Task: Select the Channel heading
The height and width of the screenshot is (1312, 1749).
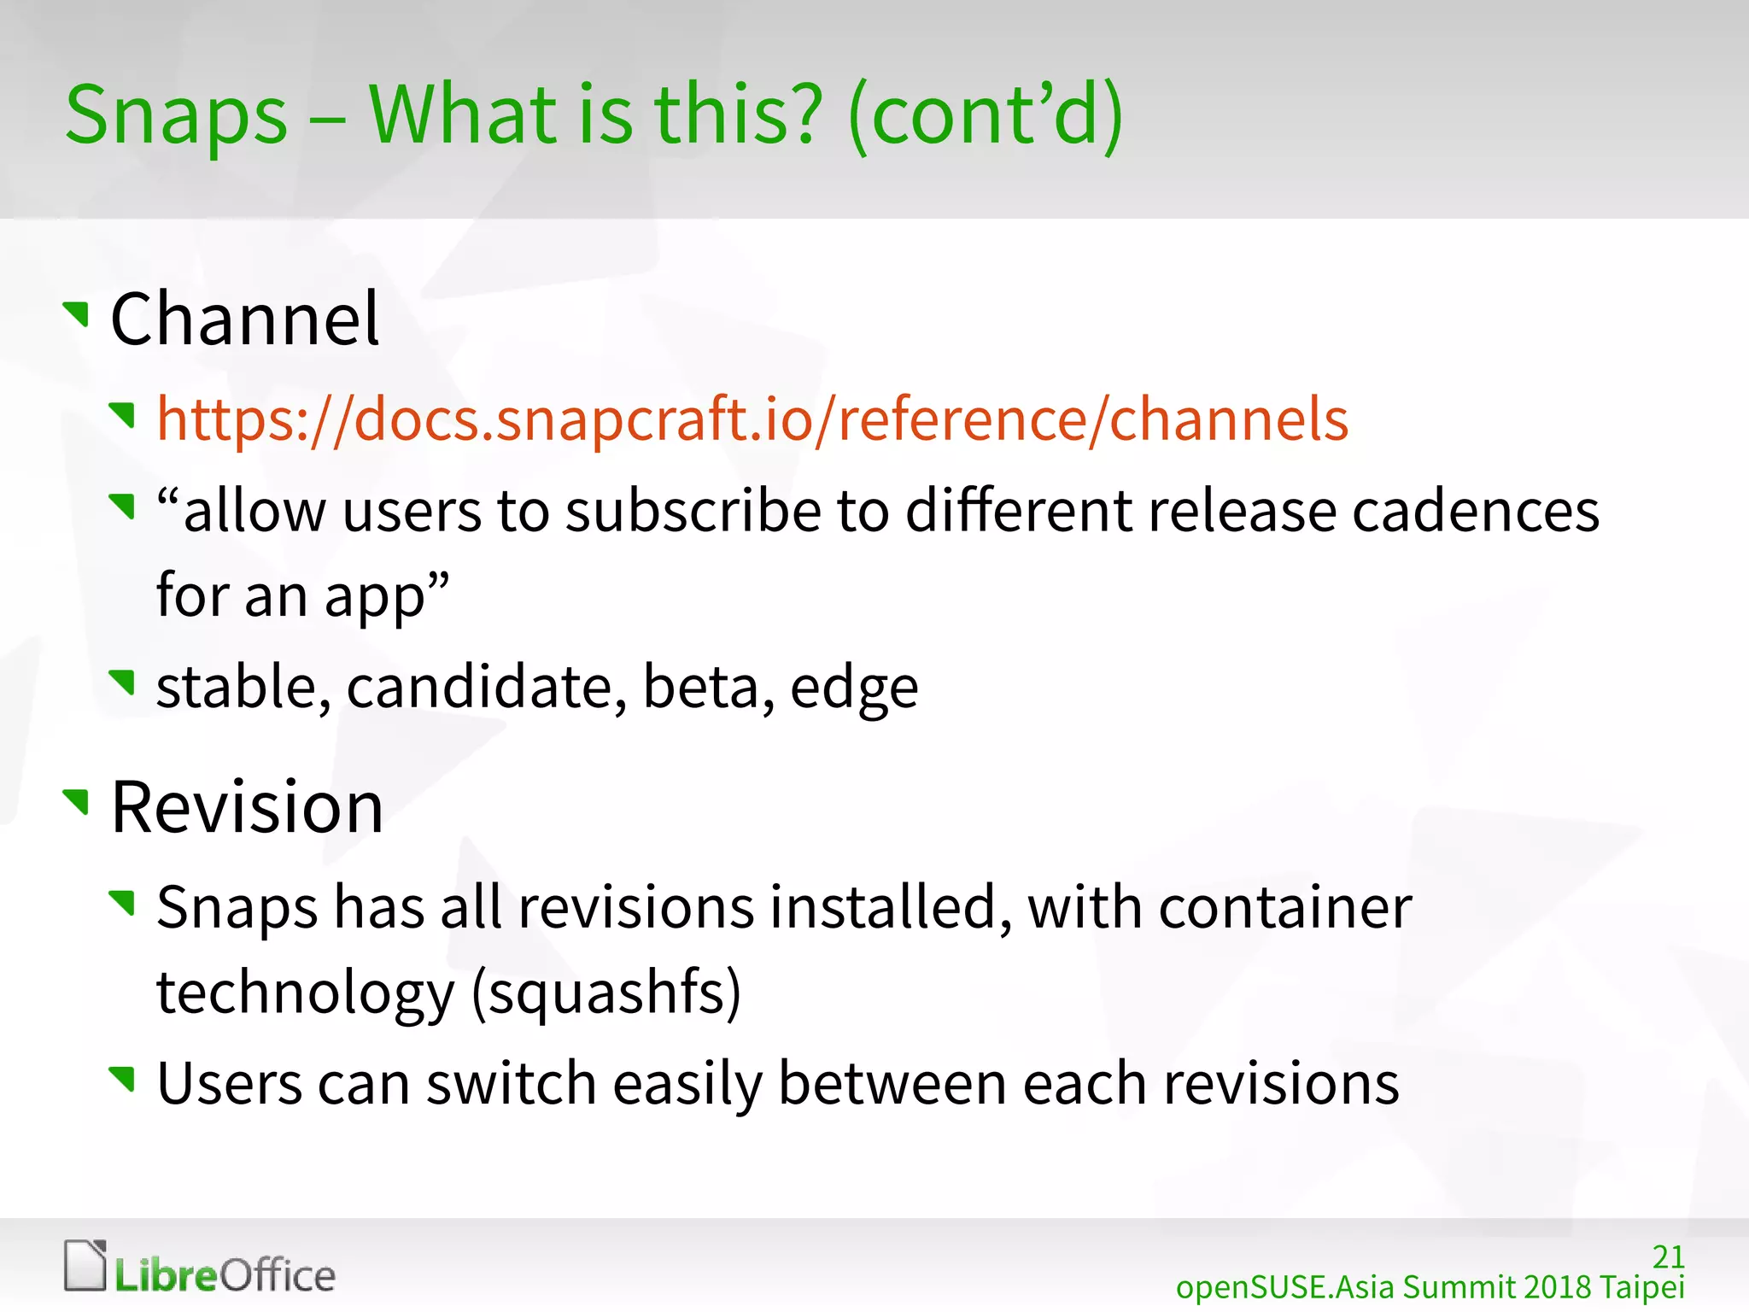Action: coord(244,319)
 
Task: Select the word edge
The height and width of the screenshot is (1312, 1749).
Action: coord(854,688)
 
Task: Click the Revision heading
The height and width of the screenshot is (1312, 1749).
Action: coord(247,807)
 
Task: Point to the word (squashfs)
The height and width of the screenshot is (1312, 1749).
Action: coord(606,993)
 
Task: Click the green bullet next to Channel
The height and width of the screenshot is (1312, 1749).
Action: coord(77,313)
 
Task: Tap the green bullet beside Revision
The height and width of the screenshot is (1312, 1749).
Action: coord(77,801)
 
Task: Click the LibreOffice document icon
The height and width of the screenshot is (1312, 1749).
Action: coord(85,1265)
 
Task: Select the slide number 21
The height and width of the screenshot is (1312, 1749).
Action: coord(1668,1256)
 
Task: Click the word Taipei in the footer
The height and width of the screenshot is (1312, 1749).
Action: coord(1641,1287)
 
